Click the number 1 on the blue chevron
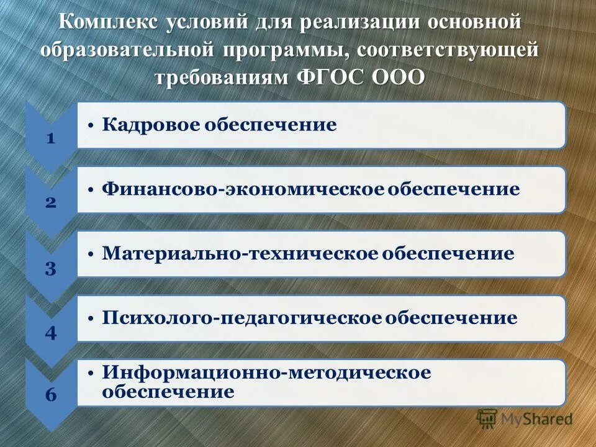(x=51, y=138)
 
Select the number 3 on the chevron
(x=51, y=268)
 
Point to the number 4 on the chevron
(x=51, y=333)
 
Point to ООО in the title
(x=399, y=77)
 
